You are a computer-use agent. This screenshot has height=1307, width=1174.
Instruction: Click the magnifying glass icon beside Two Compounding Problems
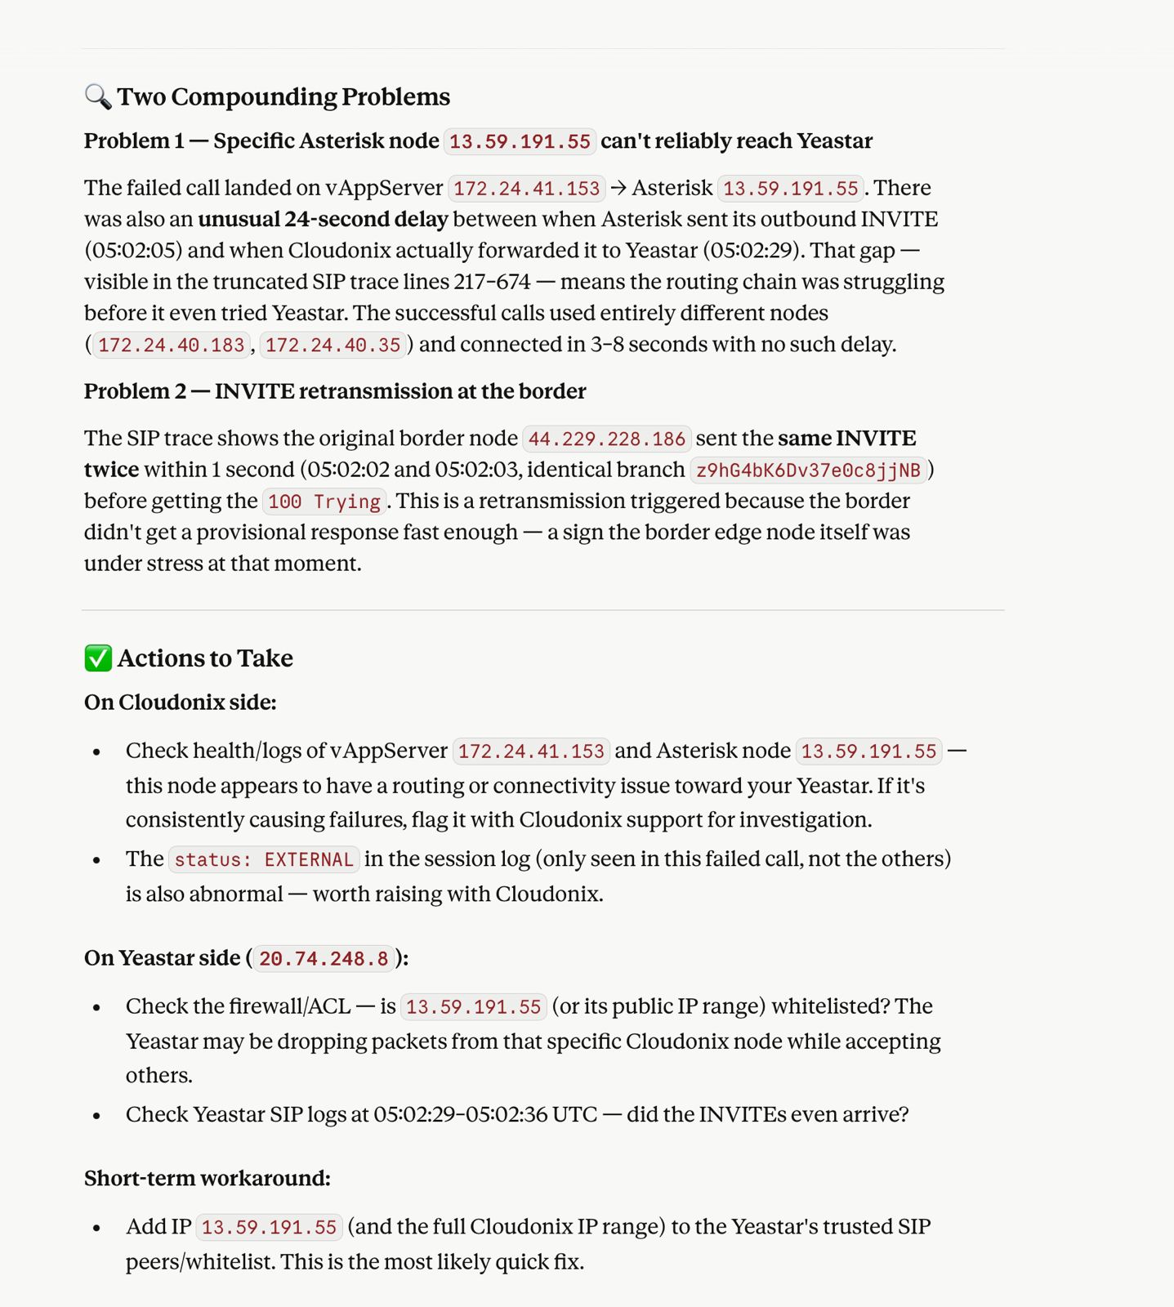98,96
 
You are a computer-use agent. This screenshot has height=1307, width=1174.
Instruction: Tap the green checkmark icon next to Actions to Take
98,658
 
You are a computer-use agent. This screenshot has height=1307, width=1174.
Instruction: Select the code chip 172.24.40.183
171,345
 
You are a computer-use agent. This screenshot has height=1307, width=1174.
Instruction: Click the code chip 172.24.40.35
333,345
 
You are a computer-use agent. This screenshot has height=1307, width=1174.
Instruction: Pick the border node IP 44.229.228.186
606,439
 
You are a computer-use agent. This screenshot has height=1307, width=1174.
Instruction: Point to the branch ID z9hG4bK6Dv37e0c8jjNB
808,470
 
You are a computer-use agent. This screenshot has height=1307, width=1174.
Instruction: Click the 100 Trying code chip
324,502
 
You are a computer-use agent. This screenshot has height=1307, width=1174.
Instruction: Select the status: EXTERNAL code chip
264,859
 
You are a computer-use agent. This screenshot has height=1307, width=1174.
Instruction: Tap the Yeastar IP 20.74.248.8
324,958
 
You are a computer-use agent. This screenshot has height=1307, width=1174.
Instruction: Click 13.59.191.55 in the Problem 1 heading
520,141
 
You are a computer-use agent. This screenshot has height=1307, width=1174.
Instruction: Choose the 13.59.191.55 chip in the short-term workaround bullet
269,1227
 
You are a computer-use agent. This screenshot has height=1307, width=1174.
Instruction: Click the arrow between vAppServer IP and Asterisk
618,188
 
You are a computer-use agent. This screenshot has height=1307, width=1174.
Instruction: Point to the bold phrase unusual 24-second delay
323,219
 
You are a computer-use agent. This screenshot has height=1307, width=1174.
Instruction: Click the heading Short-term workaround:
207,1178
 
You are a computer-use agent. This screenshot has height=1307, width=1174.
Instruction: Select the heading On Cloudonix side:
180,702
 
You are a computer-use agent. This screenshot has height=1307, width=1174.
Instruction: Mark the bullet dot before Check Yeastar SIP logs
97,1115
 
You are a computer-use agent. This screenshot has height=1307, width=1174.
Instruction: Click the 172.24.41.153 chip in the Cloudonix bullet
530,751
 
